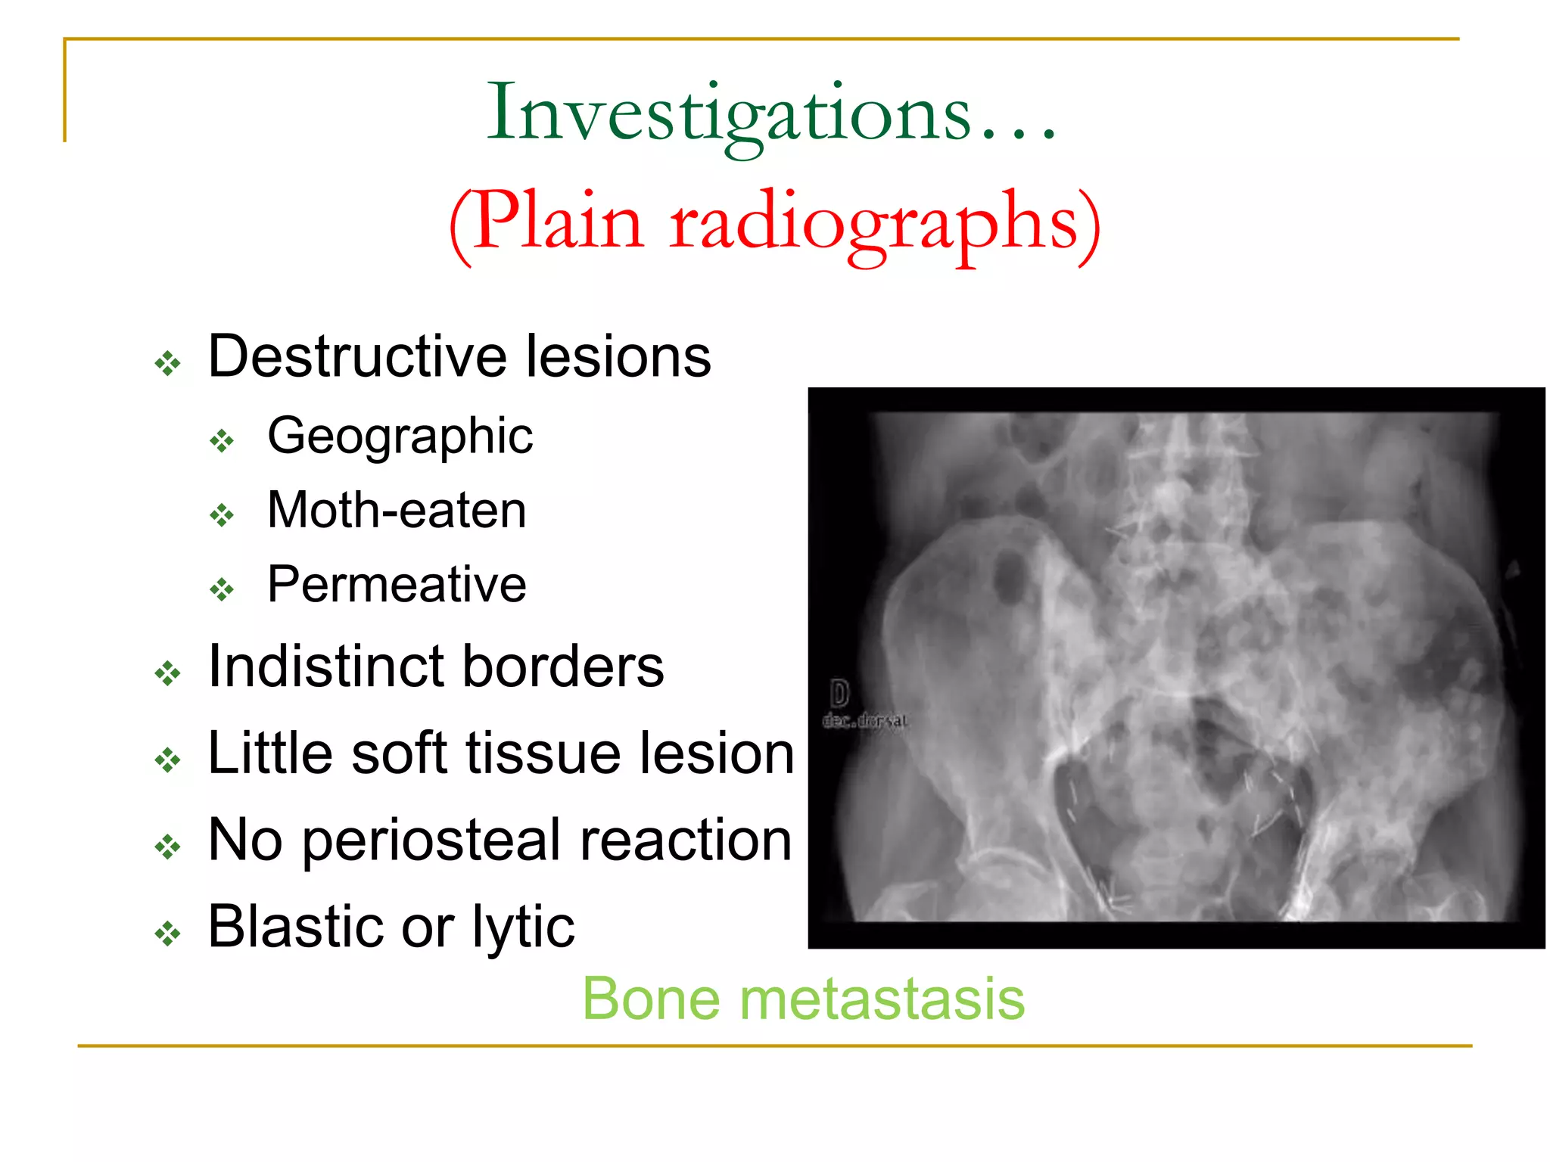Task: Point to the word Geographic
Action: [x=400, y=437]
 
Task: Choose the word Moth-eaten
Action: [x=397, y=511]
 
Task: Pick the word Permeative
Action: [x=397, y=585]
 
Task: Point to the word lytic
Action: [x=523, y=928]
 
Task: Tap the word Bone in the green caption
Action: [x=651, y=999]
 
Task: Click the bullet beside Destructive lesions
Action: [x=168, y=363]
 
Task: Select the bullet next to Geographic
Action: [x=222, y=440]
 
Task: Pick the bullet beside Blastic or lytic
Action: [x=168, y=934]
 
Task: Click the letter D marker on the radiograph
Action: [x=839, y=693]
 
